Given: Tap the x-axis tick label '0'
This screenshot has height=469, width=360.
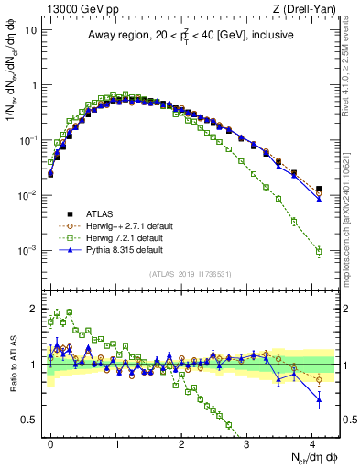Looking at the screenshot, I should click(x=50, y=442).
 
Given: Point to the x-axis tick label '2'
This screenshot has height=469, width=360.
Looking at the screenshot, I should click(x=181, y=442).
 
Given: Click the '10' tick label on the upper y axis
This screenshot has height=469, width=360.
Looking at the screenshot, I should click(x=29, y=30).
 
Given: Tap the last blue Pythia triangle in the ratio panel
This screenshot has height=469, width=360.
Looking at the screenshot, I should click(x=319, y=398).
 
